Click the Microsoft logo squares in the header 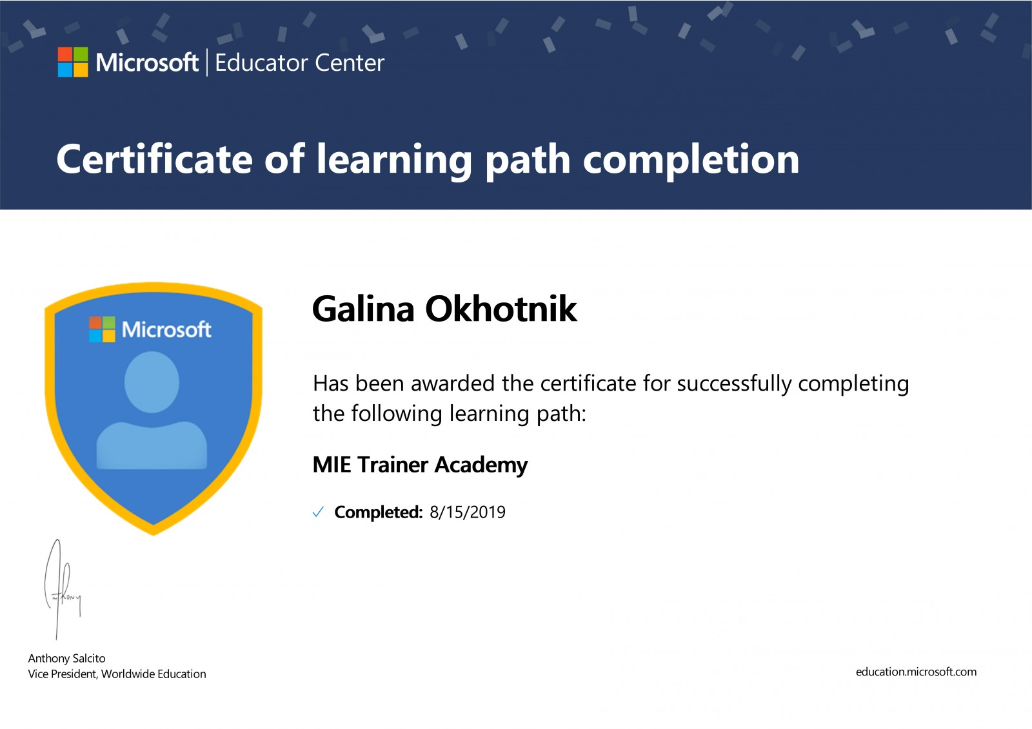click(x=73, y=62)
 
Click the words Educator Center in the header click(x=299, y=63)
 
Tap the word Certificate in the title click(x=155, y=159)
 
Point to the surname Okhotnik click(x=501, y=308)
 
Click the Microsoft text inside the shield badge click(x=166, y=329)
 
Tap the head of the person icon click(x=152, y=382)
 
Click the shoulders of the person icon click(x=152, y=445)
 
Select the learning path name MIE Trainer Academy click(x=420, y=465)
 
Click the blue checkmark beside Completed click(x=318, y=512)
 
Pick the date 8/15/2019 click(x=468, y=512)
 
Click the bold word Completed click(x=378, y=512)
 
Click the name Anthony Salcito click(x=67, y=659)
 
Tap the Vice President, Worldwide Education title click(x=117, y=674)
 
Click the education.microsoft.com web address click(x=916, y=672)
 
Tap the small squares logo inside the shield click(x=102, y=329)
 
